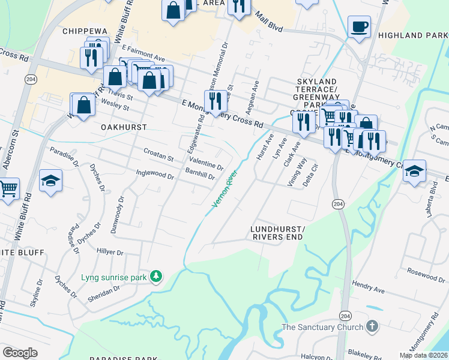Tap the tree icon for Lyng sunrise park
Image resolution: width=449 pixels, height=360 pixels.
click(156, 276)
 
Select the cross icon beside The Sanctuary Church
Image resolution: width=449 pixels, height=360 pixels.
click(372, 327)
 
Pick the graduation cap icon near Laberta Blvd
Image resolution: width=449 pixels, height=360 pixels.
click(414, 171)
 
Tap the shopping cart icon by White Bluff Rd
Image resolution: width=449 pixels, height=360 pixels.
click(8, 189)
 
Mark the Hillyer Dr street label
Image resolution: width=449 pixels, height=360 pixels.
click(109, 253)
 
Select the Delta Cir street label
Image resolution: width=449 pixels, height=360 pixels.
click(310, 177)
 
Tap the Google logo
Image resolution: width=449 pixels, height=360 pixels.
click(20, 353)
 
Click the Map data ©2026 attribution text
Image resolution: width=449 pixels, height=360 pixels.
click(423, 355)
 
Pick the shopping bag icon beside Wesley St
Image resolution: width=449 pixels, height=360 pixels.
click(85, 104)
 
